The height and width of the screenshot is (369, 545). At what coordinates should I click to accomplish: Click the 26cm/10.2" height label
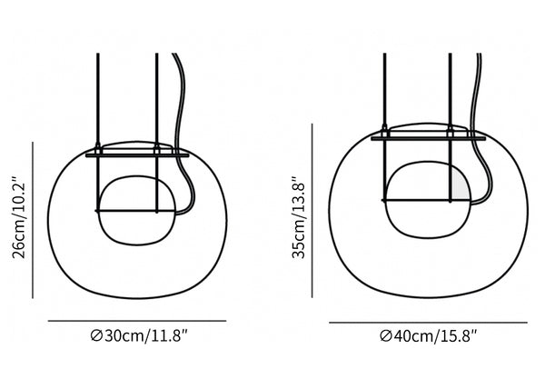pos(19,218)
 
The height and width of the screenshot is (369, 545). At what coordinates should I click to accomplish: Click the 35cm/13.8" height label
pos(299,218)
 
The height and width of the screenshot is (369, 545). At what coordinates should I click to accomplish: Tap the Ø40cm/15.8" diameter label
pos(428,336)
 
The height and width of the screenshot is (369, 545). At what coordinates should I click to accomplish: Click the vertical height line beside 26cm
pos(33,220)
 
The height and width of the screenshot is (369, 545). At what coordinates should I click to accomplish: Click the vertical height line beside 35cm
pos(312,211)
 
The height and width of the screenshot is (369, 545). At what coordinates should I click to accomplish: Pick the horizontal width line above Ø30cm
pos(137,321)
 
